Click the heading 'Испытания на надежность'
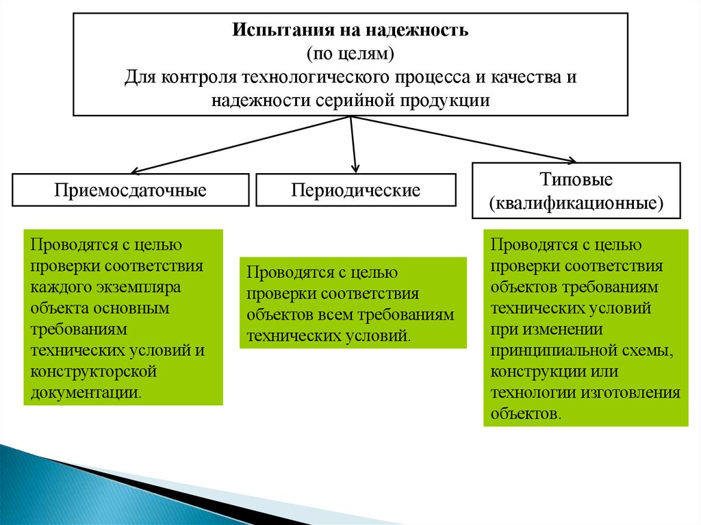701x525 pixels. [x=350, y=31]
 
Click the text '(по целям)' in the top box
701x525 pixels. [x=350, y=53]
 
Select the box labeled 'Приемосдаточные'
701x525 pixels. [x=130, y=190]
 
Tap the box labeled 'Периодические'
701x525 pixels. [x=355, y=190]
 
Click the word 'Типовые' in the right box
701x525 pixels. [x=576, y=181]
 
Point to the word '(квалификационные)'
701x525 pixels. [x=576, y=203]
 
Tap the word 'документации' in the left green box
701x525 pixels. [x=84, y=393]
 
